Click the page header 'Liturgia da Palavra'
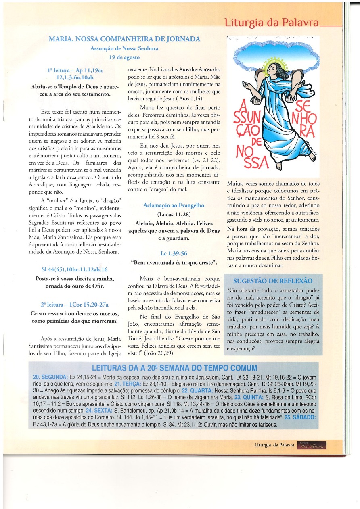271,22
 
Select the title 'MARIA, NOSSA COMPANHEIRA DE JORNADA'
124,39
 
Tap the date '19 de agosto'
124,57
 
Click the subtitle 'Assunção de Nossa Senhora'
124,48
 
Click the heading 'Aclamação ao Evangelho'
174,205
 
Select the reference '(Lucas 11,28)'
174,214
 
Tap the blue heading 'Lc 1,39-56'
174,254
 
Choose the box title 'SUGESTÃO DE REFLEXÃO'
273,281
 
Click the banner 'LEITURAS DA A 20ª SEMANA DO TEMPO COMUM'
174,368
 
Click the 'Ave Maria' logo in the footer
311,444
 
